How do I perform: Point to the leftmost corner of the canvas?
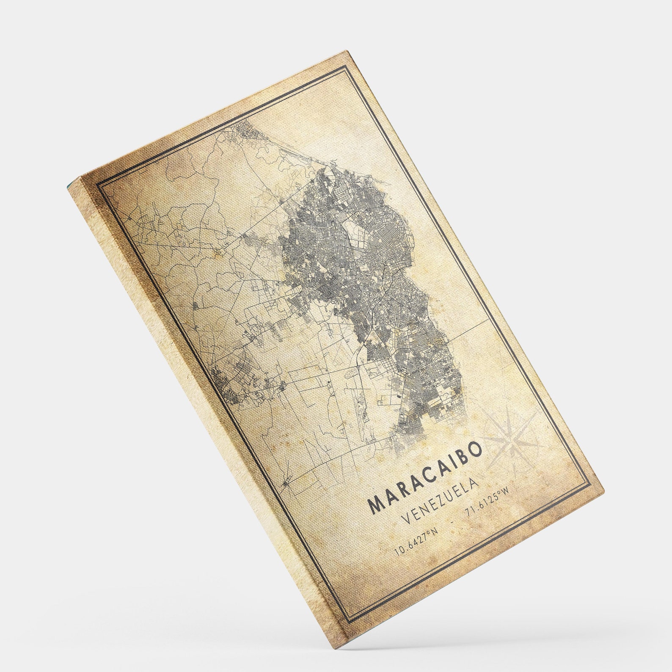point(68,186)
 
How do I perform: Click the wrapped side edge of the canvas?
point(203,406)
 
